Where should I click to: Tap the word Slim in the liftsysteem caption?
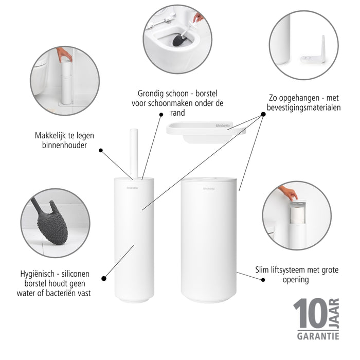[264, 269]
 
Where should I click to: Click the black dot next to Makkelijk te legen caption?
[101, 151]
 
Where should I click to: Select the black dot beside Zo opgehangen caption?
[263, 114]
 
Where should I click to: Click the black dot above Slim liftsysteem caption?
[263, 280]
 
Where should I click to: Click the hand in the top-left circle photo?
[64, 53]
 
